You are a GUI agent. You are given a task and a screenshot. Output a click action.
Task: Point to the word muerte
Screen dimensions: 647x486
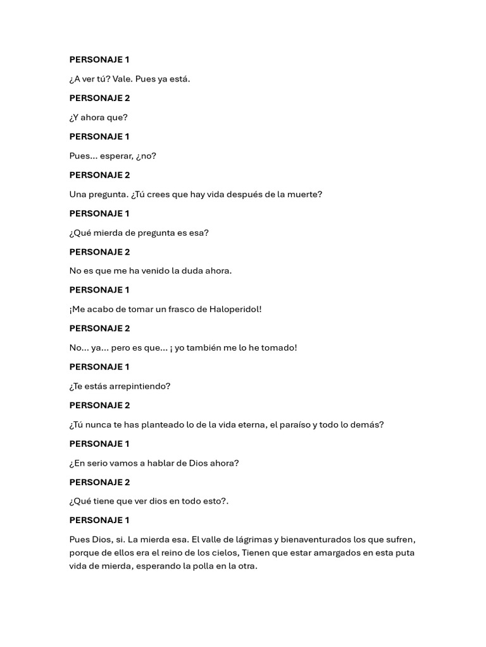click(x=305, y=194)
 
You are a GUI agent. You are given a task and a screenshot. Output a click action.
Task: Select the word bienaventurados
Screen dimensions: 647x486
click(x=327, y=540)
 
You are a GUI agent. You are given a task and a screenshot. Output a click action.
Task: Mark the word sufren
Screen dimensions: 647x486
click(x=399, y=540)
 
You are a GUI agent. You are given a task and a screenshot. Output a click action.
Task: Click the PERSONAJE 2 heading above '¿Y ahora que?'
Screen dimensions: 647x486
click(x=99, y=98)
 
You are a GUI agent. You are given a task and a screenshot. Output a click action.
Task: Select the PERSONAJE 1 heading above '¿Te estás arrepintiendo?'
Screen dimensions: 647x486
click(x=99, y=366)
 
